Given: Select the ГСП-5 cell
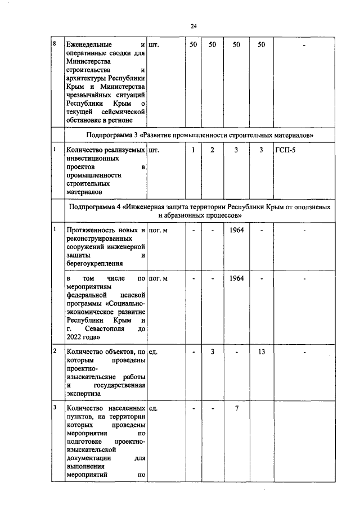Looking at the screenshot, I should point(285,150).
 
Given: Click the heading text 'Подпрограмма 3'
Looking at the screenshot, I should point(112,136).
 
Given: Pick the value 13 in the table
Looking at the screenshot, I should point(261,352).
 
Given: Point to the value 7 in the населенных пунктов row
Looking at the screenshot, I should point(237,408).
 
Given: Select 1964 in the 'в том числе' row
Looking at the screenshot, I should point(236,279).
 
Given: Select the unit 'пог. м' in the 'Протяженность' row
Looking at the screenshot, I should point(159,231).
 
